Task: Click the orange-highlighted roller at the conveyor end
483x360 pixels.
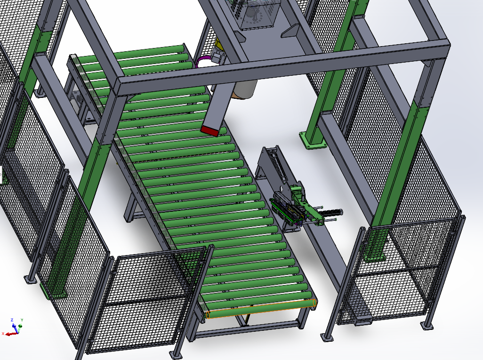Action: click(x=261, y=309)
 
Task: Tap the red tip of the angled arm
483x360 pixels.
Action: click(x=210, y=131)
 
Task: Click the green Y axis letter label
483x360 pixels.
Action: click(x=22, y=320)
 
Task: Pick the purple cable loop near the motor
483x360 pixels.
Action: click(x=203, y=61)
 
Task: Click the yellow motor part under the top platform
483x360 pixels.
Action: click(x=219, y=44)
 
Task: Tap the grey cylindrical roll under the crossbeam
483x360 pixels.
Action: click(x=245, y=89)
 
